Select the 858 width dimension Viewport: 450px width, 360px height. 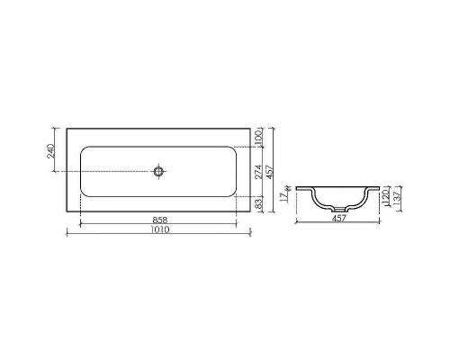pyautogui.click(x=162, y=220)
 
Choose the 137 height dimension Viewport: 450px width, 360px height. pyautogui.click(x=400, y=197)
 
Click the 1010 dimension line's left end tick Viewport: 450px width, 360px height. pyautogui.click(x=68, y=235)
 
